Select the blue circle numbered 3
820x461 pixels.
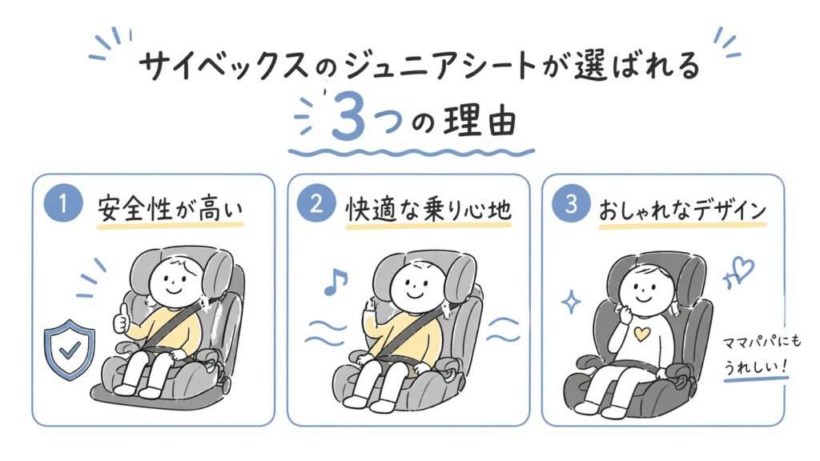[570, 206]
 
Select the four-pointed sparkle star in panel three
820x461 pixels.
[572, 302]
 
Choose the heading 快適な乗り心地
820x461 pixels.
[428, 208]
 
